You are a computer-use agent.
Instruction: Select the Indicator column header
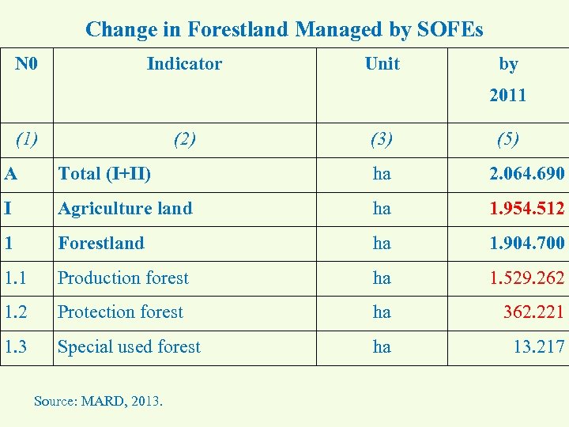[184, 64]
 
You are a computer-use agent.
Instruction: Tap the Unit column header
[382, 64]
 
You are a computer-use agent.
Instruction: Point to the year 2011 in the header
[507, 96]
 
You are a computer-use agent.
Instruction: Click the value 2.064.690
[526, 174]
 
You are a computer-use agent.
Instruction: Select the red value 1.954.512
[526, 209]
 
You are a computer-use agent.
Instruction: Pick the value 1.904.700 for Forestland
[526, 244]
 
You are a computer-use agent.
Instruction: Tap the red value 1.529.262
[526, 278]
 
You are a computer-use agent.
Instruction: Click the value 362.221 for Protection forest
[533, 312]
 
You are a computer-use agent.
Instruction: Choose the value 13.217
[538, 347]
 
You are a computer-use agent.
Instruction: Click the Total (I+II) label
[104, 174]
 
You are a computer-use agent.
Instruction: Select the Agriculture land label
[125, 209]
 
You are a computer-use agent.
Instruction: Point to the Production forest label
[123, 278]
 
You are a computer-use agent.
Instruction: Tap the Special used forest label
[130, 347]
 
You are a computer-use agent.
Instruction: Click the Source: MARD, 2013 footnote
[98, 401]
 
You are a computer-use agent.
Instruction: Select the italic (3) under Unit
[382, 140]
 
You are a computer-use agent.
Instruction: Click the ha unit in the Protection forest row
[382, 312]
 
